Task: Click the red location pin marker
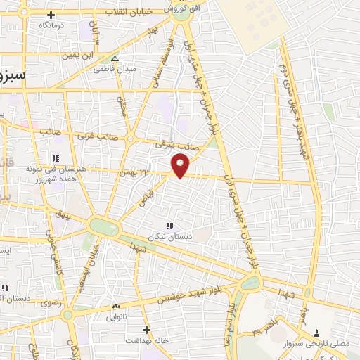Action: click(x=181, y=165)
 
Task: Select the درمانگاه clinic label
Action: click(x=52, y=25)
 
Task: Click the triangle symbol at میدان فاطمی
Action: click(x=115, y=58)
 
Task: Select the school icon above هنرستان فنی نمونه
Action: click(x=55, y=157)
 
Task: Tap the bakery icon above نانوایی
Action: click(x=116, y=307)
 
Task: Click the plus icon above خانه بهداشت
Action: click(x=146, y=329)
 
